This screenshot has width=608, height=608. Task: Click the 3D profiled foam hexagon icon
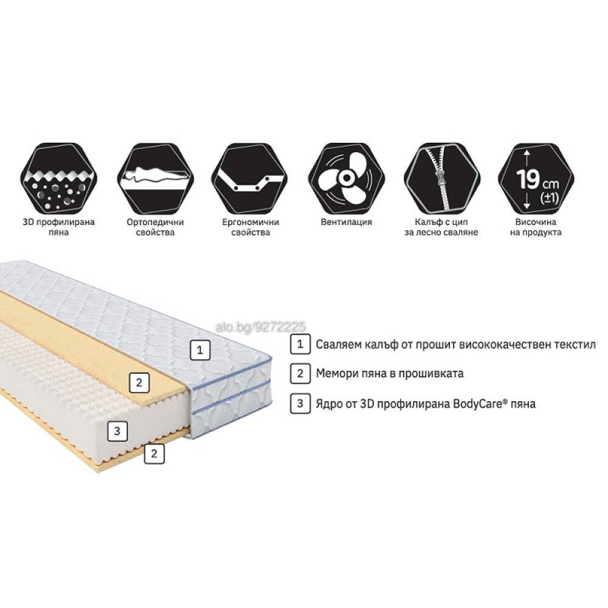(58, 179)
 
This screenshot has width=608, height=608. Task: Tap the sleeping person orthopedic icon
(155, 179)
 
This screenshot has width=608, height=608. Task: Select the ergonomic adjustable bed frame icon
(250, 179)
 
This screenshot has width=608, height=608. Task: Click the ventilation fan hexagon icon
(347, 179)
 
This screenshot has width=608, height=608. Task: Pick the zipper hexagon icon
(441, 179)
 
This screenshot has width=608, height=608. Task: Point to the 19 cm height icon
(536, 179)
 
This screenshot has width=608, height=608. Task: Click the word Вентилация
(347, 222)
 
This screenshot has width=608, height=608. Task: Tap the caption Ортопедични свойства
(155, 227)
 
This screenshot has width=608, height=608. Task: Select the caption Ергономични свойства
(250, 227)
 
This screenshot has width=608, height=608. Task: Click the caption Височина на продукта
(536, 227)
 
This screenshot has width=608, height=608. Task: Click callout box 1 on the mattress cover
(200, 350)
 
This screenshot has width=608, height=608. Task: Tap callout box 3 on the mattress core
(117, 431)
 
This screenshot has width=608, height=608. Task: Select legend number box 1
(300, 344)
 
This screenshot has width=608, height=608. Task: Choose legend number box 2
(300, 373)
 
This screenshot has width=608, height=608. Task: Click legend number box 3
(300, 403)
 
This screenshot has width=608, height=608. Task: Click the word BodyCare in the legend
(480, 404)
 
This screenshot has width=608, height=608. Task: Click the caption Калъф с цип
(441, 222)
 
